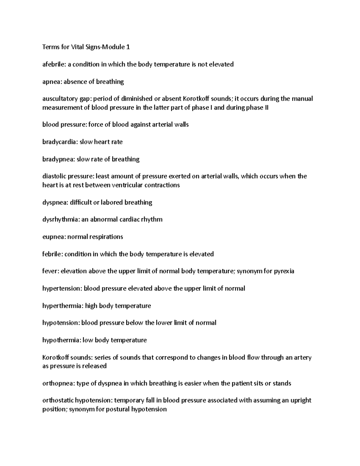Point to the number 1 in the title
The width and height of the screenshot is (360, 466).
pyautogui.click(x=128, y=47)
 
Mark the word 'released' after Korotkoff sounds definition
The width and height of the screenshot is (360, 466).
pyautogui.click(x=95, y=366)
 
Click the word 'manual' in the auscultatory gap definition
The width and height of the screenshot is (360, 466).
pyautogui.click(x=302, y=99)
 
